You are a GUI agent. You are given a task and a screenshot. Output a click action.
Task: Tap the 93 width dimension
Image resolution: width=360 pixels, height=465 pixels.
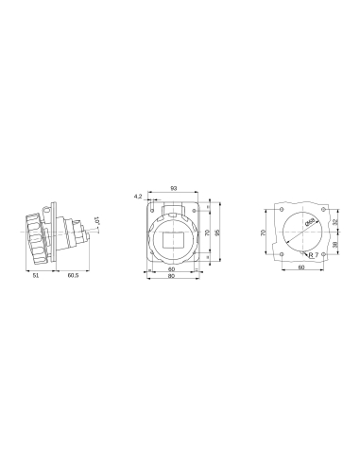(174, 188)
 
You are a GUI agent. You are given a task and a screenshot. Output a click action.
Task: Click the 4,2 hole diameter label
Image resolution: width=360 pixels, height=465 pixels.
(138, 196)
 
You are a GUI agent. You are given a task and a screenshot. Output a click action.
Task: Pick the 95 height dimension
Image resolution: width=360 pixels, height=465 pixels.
(218, 232)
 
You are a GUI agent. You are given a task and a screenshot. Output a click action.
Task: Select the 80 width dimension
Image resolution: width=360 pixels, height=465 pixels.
(171, 276)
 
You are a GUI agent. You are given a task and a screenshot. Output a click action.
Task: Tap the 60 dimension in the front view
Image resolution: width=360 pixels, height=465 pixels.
(171, 269)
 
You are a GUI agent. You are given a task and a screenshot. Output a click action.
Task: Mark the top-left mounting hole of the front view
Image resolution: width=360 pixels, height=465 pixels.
(150, 208)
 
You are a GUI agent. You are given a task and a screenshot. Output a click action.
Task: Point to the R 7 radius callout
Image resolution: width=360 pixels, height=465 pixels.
(313, 255)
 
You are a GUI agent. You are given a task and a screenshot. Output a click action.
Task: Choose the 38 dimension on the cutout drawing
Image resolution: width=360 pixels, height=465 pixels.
(335, 242)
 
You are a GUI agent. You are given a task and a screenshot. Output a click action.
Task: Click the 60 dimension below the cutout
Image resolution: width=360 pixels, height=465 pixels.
(300, 268)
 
